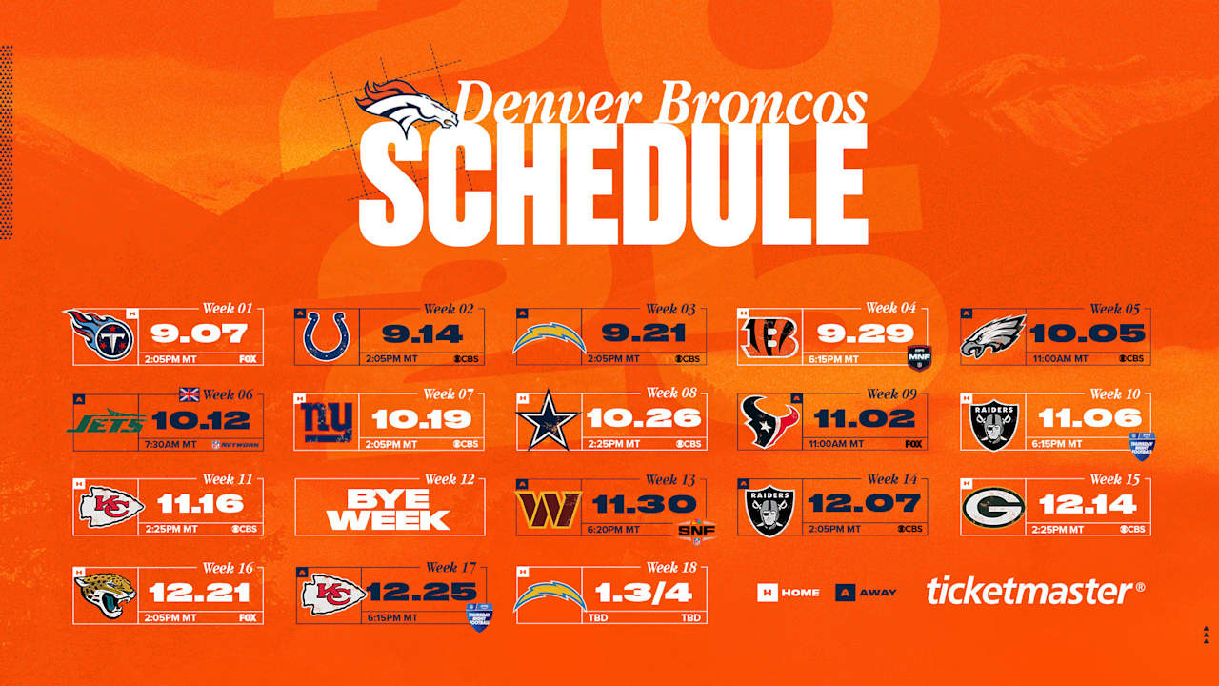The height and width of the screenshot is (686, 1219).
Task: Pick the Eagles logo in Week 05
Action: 992,336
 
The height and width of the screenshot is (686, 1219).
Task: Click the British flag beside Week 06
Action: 190,394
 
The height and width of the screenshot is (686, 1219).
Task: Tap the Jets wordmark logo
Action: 105,420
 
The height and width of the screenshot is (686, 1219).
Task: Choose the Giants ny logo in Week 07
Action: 326,420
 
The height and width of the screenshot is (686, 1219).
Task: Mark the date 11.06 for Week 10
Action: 1089,418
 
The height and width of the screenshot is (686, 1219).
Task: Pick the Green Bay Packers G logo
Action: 992,506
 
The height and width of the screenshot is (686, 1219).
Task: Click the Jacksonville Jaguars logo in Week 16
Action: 105,594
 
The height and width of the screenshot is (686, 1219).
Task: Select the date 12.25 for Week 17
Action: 422,592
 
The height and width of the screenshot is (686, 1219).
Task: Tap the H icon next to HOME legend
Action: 767,593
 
